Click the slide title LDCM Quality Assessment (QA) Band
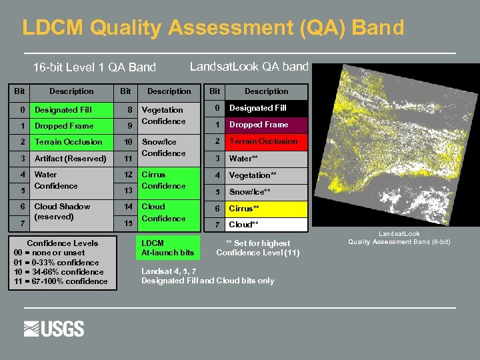pyautogui.click(x=213, y=28)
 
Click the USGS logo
pyautogui.click(x=54, y=329)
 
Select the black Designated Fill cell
pyautogui.click(x=267, y=108)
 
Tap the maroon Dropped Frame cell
pyautogui.click(x=267, y=125)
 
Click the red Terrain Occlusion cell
pyautogui.click(x=267, y=141)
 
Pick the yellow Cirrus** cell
pyautogui.click(x=267, y=209)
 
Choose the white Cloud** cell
pyautogui.click(x=267, y=225)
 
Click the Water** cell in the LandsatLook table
pyautogui.click(x=267, y=159)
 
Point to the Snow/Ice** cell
pyautogui.click(x=267, y=192)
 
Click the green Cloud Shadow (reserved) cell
pyautogui.click(x=71, y=212)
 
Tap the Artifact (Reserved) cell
pyautogui.click(x=71, y=159)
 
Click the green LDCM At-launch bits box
pyautogui.click(x=168, y=248)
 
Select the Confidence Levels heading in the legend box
pyautogui.click(x=62, y=243)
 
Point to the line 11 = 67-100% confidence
pyautogui.click(x=61, y=281)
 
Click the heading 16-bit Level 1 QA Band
pyautogui.click(x=95, y=67)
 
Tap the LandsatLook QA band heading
pyautogui.click(x=249, y=66)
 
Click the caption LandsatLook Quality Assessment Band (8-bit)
pyautogui.click(x=399, y=238)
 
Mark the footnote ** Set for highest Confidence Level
pyautogui.click(x=258, y=248)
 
